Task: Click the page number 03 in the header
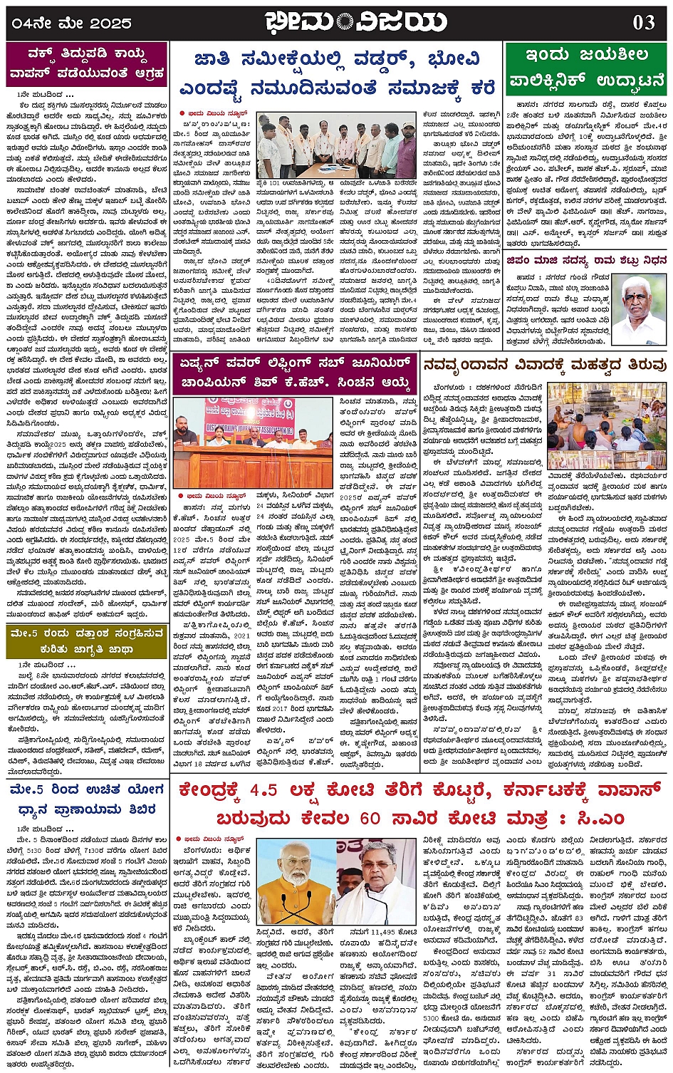[643, 22]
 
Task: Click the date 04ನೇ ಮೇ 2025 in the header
[71, 24]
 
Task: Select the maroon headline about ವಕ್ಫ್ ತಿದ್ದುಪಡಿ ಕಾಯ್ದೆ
[87, 64]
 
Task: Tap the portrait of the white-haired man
[639, 309]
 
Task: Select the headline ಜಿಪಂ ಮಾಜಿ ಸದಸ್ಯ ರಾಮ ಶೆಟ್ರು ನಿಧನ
[586, 261]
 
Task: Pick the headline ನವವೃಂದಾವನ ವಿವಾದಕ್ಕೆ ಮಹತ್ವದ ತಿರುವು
[545, 366]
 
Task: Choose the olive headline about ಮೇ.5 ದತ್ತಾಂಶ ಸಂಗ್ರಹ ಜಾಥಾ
[87, 641]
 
